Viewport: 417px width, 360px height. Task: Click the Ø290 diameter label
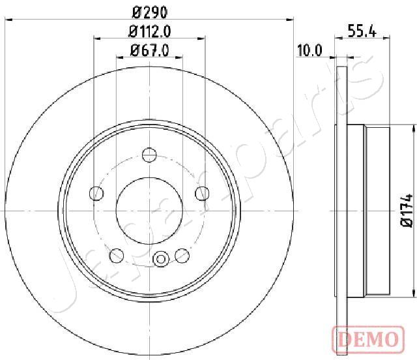click(150, 12)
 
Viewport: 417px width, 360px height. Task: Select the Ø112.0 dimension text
click(149, 32)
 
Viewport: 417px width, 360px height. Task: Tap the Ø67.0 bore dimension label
click(149, 50)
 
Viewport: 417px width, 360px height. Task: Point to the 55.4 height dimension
click(362, 31)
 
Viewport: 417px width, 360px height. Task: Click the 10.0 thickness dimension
click(309, 50)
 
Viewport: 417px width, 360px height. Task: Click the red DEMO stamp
click(368, 340)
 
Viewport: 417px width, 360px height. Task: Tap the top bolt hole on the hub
click(149, 155)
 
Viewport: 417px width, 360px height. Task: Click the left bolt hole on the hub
click(96, 193)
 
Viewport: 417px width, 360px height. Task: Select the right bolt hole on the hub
click(202, 193)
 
